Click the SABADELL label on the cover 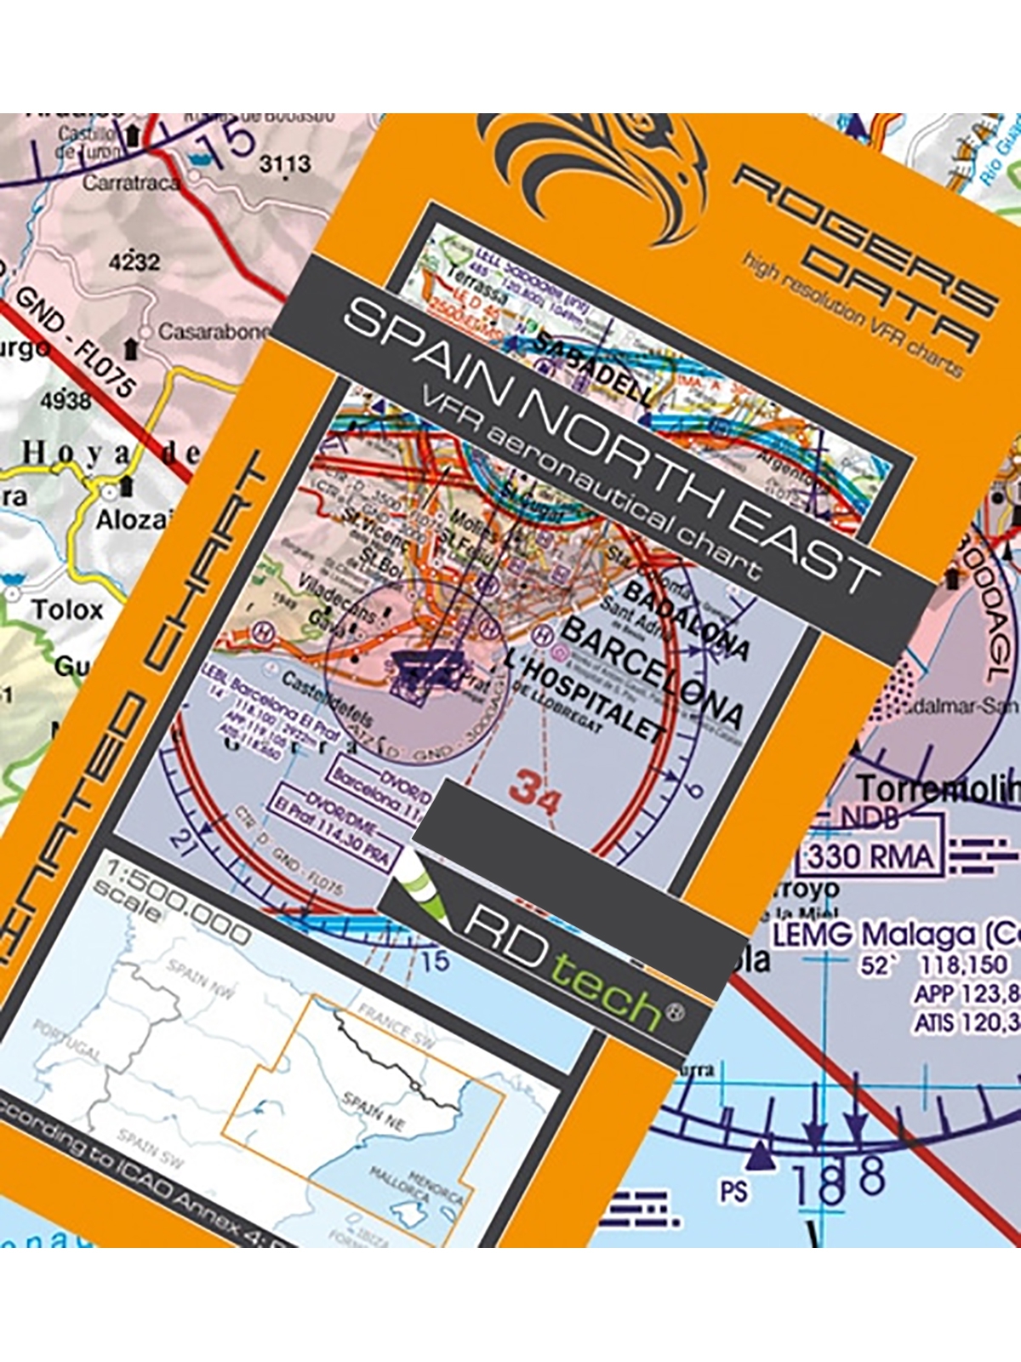pyautogui.click(x=596, y=366)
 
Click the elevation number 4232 pyautogui.click(x=134, y=261)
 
